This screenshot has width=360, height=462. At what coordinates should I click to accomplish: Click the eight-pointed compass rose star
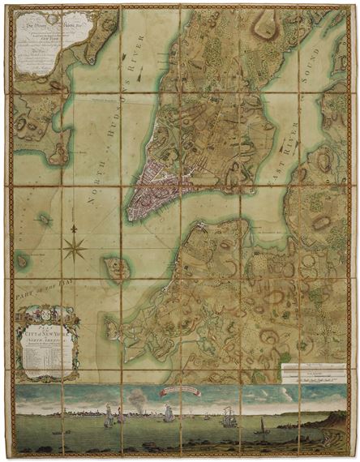[74, 246]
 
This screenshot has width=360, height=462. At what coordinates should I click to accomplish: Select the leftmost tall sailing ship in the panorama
[109, 417]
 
